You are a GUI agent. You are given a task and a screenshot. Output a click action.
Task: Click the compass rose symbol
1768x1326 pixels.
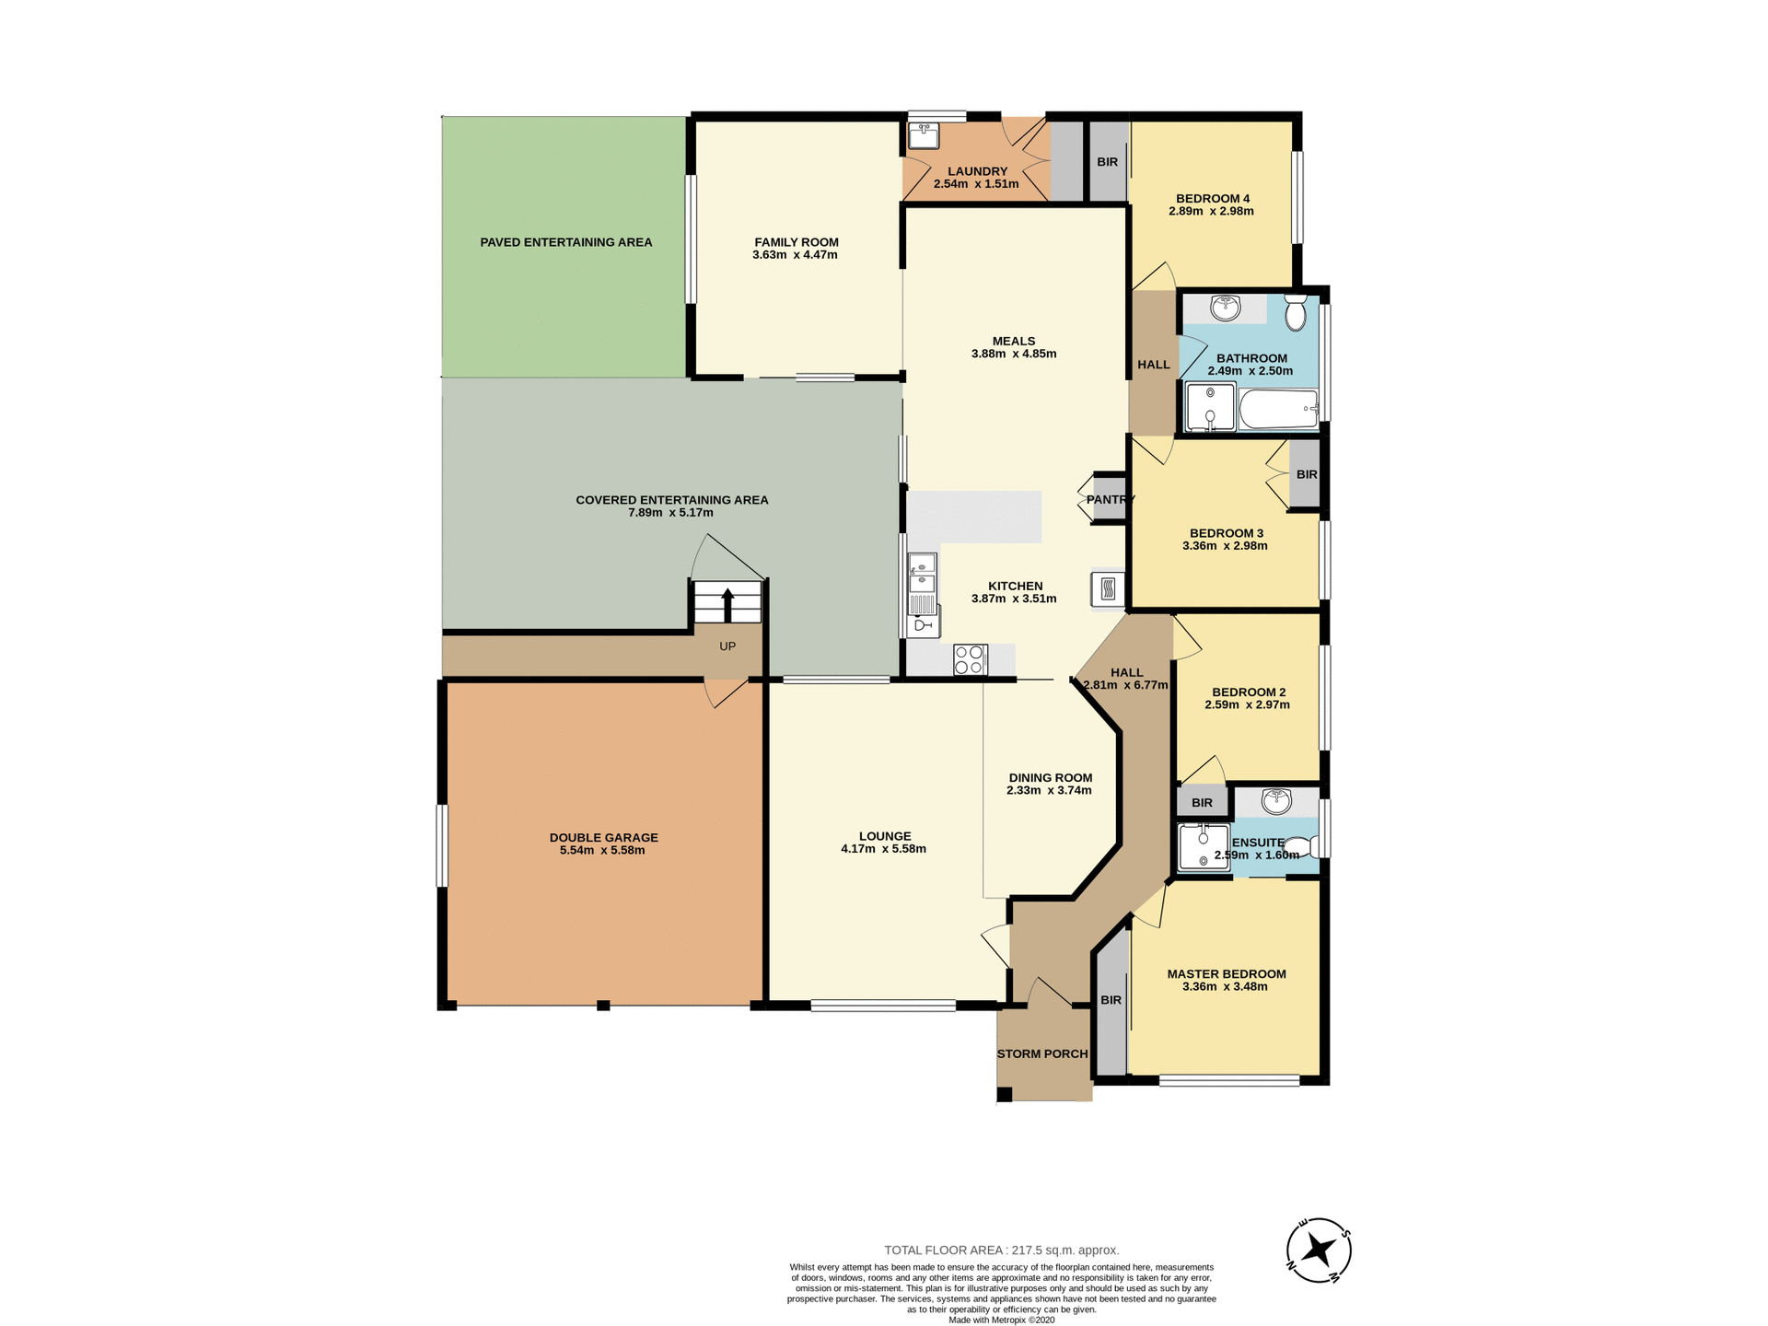[x=1319, y=1250]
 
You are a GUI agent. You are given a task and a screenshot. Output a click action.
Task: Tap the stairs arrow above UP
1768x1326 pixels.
[x=727, y=605]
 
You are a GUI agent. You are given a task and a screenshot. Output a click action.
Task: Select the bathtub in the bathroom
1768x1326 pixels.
[x=1278, y=409]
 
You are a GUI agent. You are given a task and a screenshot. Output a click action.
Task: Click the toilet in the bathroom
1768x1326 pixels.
[x=1295, y=313]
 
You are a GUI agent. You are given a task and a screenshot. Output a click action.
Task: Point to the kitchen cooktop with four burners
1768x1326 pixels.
[x=970, y=659]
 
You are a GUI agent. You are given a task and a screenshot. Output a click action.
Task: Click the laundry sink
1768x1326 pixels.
[x=923, y=137]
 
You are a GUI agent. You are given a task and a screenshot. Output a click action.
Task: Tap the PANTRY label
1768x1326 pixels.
[x=1111, y=499]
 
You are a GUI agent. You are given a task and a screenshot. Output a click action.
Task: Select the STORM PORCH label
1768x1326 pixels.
[x=1042, y=1053]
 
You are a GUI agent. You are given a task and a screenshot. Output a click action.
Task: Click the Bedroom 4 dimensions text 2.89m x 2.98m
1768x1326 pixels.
[x=1211, y=211]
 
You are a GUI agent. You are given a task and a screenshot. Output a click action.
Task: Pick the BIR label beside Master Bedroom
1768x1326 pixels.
[x=1111, y=1000]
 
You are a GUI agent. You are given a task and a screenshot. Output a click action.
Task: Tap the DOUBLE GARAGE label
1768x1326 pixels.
[x=603, y=837]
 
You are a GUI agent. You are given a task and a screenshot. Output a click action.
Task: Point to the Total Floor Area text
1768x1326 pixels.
[x=1001, y=1250]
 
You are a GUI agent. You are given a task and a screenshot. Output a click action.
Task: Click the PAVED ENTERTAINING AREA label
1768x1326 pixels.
[x=565, y=242]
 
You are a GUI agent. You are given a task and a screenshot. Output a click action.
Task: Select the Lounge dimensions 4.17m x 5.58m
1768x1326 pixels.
[x=883, y=849]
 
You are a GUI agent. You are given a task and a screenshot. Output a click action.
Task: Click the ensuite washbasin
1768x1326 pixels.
[x=1276, y=801]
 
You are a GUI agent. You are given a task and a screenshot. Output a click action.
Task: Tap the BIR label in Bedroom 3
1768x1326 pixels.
[x=1306, y=474]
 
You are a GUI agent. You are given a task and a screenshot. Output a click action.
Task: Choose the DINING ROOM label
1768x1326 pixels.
[x=1050, y=777]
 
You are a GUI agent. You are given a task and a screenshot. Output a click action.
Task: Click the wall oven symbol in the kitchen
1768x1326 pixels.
[x=1108, y=588]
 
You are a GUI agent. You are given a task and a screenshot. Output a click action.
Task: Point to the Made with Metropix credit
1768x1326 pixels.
[x=1001, y=1320]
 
